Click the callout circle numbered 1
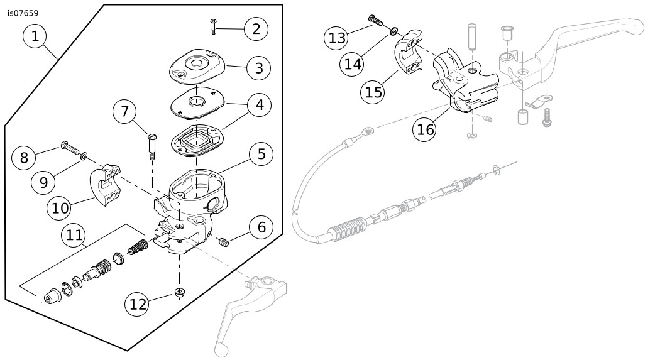35,36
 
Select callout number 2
256,29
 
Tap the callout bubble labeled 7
125,111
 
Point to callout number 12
138,303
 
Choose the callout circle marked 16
425,129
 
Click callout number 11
74,235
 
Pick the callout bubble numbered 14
353,64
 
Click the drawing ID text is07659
23,13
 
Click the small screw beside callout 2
214,26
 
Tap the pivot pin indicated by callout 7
152,146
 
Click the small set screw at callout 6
224,242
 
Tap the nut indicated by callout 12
180,292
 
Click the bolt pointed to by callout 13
375,19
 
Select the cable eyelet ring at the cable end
369,133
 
